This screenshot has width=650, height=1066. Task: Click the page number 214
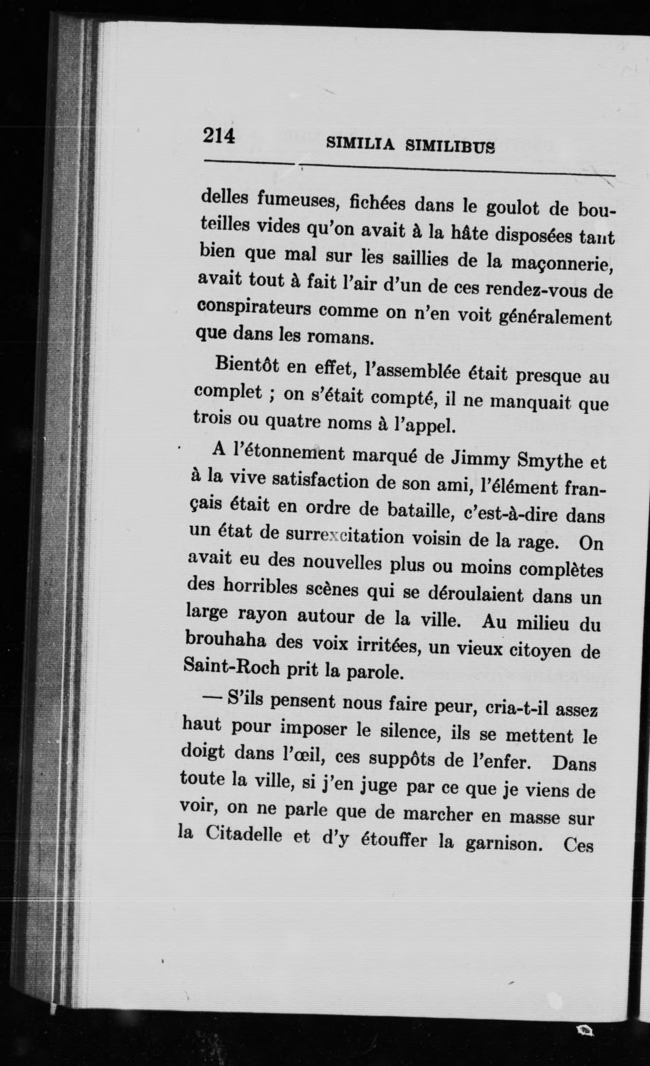[x=219, y=136]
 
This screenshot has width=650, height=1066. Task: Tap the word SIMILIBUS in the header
[x=450, y=147]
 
